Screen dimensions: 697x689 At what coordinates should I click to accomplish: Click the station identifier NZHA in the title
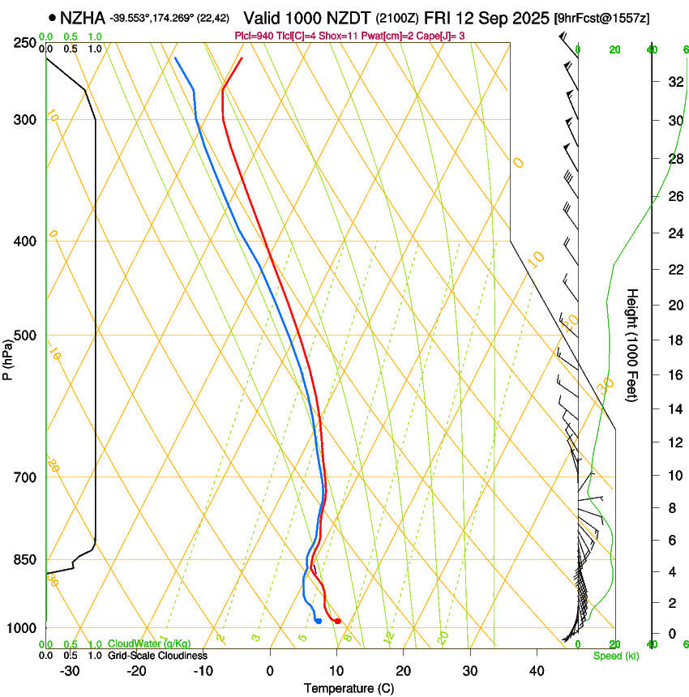[83, 17]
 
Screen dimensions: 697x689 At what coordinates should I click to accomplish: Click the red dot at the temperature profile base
[337, 621]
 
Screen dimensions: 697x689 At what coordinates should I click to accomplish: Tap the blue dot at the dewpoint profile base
[319, 621]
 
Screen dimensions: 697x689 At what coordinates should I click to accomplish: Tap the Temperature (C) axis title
[349, 688]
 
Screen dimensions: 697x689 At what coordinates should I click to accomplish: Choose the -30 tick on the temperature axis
[70, 671]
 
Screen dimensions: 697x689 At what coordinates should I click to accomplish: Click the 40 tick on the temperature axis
[537, 671]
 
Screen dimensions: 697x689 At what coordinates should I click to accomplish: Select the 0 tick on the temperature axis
[270, 671]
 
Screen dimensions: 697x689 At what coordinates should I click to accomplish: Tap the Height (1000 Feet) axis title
[632, 345]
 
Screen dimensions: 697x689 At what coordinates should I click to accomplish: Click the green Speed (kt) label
[615, 656]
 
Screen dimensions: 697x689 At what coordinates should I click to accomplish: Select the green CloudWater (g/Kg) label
[149, 644]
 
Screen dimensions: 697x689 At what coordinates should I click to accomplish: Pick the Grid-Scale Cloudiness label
[157, 656]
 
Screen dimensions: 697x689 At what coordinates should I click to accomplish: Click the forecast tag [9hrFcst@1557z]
[601, 18]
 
